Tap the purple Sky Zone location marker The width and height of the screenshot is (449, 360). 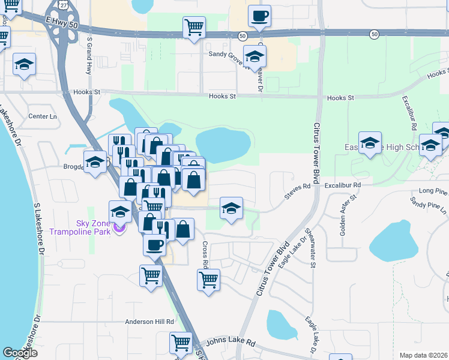point(119,229)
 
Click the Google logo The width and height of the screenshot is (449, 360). point(20,353)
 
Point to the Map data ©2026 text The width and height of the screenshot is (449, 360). point(424,355)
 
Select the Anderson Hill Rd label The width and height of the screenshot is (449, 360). point(149,322)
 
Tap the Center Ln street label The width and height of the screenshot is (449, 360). point(42,116)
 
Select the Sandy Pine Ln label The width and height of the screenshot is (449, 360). point(428,208)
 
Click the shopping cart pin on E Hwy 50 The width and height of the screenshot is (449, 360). point(194,27)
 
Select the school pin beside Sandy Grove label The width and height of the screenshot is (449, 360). point(255,57)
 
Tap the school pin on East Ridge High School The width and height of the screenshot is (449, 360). point(370,143)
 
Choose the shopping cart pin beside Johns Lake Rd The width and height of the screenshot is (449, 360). point(181,343)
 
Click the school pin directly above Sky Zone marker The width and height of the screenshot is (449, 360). point(120,211)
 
